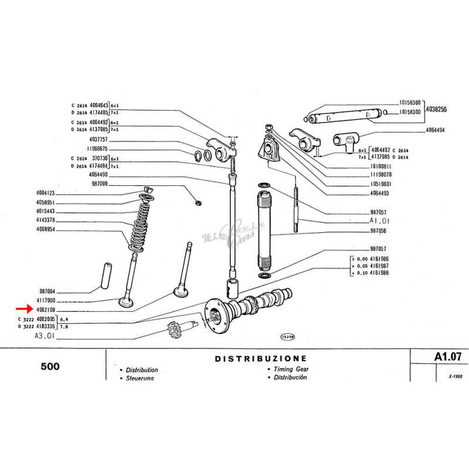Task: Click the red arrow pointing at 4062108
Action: point(25,308)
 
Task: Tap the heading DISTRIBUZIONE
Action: point(260,358)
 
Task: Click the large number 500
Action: point(51,366)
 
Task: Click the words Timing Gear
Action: point(284,369)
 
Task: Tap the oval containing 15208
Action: point(287,337)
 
